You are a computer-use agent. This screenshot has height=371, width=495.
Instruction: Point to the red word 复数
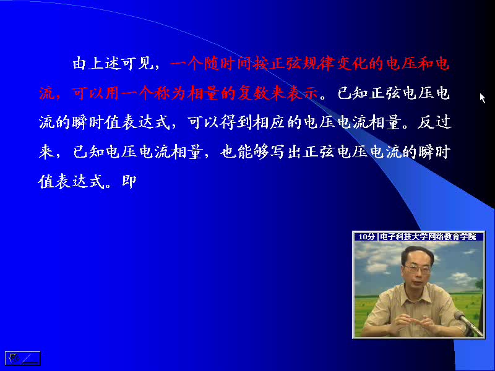[x=254, y=93]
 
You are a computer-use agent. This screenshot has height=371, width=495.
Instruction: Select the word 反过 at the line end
[x=434, y=122]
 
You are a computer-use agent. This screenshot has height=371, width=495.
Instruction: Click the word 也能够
[x=244, y=151]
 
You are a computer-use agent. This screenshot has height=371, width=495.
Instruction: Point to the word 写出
[x=286, y=151]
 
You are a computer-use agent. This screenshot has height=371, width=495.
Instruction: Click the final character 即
[x=129, y=181]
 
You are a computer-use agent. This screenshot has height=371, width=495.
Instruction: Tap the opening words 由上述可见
[x=113, y=64]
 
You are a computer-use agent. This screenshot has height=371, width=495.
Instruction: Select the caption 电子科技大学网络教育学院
[x=428, y=237]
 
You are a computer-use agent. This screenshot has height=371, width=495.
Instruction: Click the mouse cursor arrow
[x=482, y=98]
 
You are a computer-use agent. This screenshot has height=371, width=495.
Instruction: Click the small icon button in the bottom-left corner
[x=23, y=359]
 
